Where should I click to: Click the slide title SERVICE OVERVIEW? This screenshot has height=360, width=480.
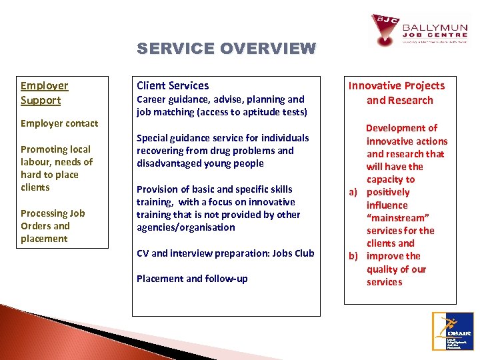point(226,49)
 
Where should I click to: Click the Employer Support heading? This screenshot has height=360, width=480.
point(44,93)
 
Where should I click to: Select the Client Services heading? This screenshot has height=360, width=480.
point(173,85)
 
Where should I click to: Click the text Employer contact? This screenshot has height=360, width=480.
point(59,123)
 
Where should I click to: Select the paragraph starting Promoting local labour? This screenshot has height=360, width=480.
point(56,168)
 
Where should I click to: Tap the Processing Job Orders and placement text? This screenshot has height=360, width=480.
point(53,226)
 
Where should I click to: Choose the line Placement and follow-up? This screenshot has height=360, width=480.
point(192,279)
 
